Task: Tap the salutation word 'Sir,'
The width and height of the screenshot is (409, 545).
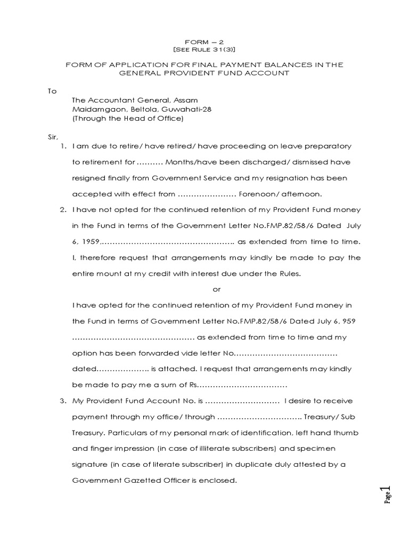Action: [53, 137]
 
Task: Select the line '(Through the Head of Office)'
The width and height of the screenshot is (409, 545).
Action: [127, 119]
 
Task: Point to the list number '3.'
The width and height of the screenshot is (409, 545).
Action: [63, 401]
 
